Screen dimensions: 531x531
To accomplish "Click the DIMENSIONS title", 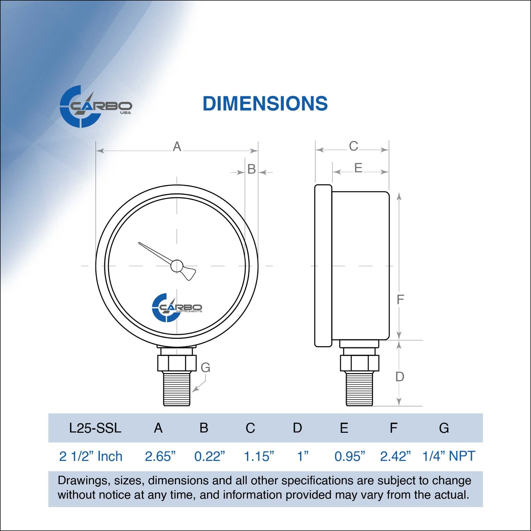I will pos(265,104).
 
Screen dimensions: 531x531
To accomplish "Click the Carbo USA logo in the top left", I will pos(96,107).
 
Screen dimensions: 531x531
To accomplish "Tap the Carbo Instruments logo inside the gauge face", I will pos(177,308).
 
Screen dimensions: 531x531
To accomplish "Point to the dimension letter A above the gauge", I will pos(177,146).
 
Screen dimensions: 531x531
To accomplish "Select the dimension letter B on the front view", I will pos(252,169).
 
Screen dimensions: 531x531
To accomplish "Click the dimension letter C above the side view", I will pos(353,146).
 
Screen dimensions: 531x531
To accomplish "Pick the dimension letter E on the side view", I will pos(358,168).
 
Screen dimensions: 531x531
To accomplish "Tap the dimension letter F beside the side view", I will pos(400,299).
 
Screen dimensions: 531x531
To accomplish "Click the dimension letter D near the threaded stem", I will pos(400,377).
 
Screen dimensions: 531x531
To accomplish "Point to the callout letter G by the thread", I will pos(205,367).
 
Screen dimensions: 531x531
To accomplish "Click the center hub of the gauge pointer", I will pos(177,265).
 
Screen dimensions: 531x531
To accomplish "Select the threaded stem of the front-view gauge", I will pos(177,389).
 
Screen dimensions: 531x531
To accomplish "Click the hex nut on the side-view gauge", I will pos(359,363).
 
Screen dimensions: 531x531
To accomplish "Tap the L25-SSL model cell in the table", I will pos(95,428).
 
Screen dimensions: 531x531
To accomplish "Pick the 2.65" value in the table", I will pos(160,456).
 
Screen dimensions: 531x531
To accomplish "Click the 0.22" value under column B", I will pos(209,456).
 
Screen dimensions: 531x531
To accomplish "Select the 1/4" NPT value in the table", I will pos(448,456).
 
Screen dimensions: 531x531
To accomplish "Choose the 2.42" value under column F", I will pos(395,456).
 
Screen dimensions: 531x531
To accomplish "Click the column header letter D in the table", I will pos(297,428).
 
